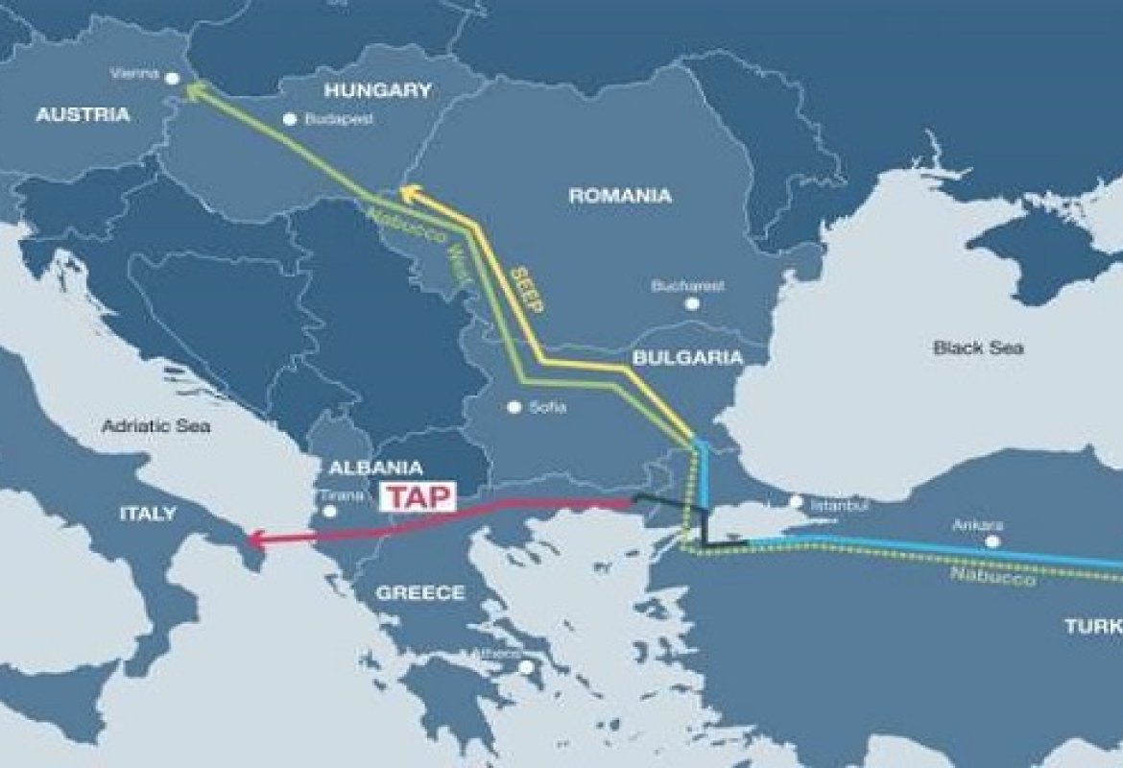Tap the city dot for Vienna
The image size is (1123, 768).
pos(173,78)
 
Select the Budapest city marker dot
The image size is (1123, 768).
pos(290,120)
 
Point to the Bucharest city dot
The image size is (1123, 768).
pos(691,303)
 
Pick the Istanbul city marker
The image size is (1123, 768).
pos(796,501)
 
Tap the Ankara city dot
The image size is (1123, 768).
pos(992,541)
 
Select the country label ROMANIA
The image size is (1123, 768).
pos(620,196)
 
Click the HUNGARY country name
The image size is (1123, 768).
pos(378,91)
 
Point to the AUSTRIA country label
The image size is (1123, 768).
pos(83,115)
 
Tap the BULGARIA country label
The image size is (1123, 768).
pos(687,358)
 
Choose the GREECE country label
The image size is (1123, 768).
pos(419,592)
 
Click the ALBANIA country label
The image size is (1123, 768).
pos(375,468)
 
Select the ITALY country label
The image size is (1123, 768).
pos(148,514)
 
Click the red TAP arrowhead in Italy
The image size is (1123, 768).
pos(254,540)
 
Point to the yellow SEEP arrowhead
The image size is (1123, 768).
pos(408,192)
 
